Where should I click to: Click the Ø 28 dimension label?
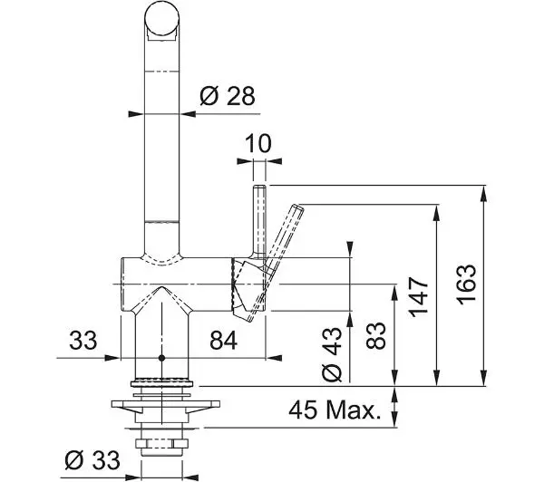(228, 96)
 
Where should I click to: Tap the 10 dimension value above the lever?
(258, 143)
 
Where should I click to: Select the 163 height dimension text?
(466, 284)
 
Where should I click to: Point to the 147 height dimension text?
(419, 297)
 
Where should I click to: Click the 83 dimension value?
(375, 335)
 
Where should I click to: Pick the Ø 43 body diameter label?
(332, 353)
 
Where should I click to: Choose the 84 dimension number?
(223, 340)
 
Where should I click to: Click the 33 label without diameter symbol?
(83, 340)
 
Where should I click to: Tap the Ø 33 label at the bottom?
(92, 460)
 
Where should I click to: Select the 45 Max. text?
(335, 410)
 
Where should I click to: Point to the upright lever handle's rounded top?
(259, 188)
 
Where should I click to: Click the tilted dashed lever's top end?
(298, 207)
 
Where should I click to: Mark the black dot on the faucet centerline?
(161, 358)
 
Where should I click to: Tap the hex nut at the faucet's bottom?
(161, 443)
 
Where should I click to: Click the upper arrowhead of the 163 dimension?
(483, 194)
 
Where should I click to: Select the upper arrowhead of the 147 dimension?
(436, 213)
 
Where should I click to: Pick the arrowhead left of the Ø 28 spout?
(136, 114)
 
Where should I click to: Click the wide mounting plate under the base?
(166, 404)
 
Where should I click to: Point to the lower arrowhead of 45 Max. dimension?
(394, 419)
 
